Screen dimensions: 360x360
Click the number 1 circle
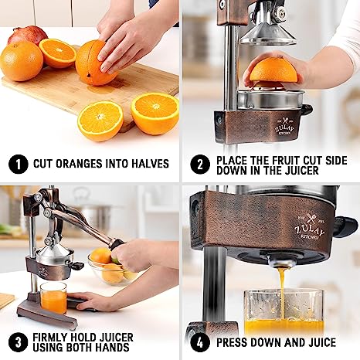click(x=15, y=164)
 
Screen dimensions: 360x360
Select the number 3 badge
click(x=15, y=341)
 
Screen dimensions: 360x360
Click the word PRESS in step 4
click(x=235, y=341)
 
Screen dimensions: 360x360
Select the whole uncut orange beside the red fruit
click(x=21, y=61)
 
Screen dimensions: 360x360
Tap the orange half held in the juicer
click(x=273, y=72)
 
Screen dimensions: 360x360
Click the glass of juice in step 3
click(x=53, y=297)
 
